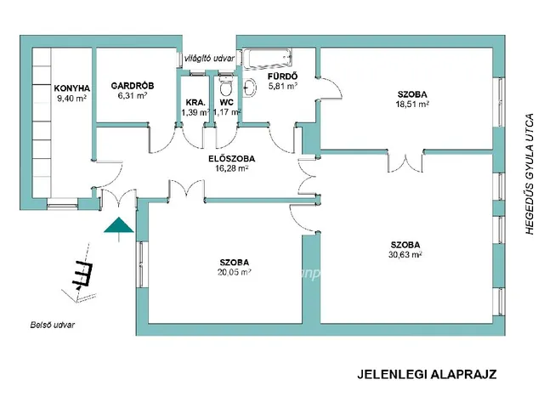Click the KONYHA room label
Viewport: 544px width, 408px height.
(x=72, y=88)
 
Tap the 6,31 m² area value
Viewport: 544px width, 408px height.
(x=133, y=96)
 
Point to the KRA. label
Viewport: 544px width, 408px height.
(x=195, y=103)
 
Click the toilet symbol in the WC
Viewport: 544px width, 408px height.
(x=225, y=88)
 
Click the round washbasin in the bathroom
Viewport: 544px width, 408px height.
(x=251, y=86)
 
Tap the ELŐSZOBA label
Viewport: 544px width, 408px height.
(x=232, y=157)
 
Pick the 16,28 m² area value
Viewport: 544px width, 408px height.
(x=231, y=168)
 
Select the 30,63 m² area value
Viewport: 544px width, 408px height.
(x=405, y=253)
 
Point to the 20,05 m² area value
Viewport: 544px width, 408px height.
(x=235, y=273)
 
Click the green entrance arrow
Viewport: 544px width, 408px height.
(x=118, y=225)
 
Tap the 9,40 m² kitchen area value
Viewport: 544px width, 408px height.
(x=72, y=99)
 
